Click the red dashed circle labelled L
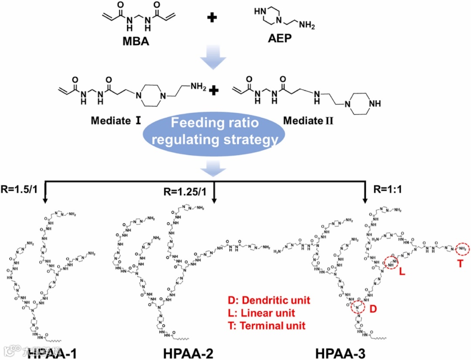pyautogui.click(x=392, y=264)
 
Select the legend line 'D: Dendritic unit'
pyautogui.click(x=269, y=300)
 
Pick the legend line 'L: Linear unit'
pyautogui.click(x=261, y=313)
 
